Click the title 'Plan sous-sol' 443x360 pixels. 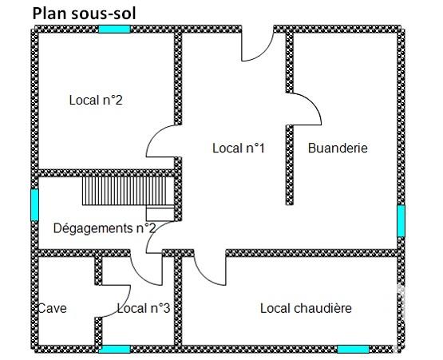(x=84, y=14)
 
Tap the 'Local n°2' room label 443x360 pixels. (x=96, y=100)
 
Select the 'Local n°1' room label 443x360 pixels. (x=239, y=148)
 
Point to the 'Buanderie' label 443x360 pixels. (x=338, y=148)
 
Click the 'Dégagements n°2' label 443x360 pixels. (x=105, y=228)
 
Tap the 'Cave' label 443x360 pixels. (x=53, y=308)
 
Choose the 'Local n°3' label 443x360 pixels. (x=144, y=308)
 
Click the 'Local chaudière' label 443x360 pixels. (x=306, y=308)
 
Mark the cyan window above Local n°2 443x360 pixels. (x=114, y=29)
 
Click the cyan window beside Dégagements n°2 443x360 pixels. (x=34, y=205)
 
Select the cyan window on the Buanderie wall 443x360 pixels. (x=401, y=221)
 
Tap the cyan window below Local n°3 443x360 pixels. (x=114, y=350)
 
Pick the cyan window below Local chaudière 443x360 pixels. (x=354, y=350)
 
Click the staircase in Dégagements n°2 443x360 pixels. (x=128, y=191)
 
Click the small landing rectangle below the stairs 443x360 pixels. (x=160, y=214)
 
